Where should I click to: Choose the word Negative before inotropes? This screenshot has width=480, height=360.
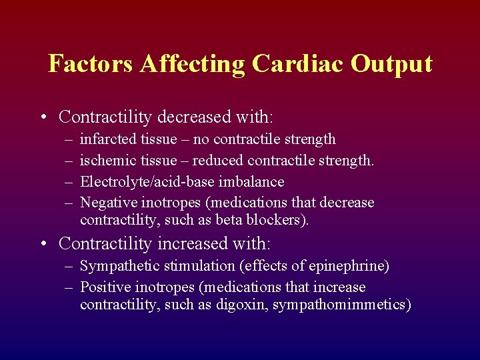(x=108, y=203)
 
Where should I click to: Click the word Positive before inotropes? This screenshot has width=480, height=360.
(x=105, y=287)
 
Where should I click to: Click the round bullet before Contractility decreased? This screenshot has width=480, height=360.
(x=43, y=118)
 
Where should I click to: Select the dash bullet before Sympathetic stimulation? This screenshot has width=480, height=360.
(x=69, y=267)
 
